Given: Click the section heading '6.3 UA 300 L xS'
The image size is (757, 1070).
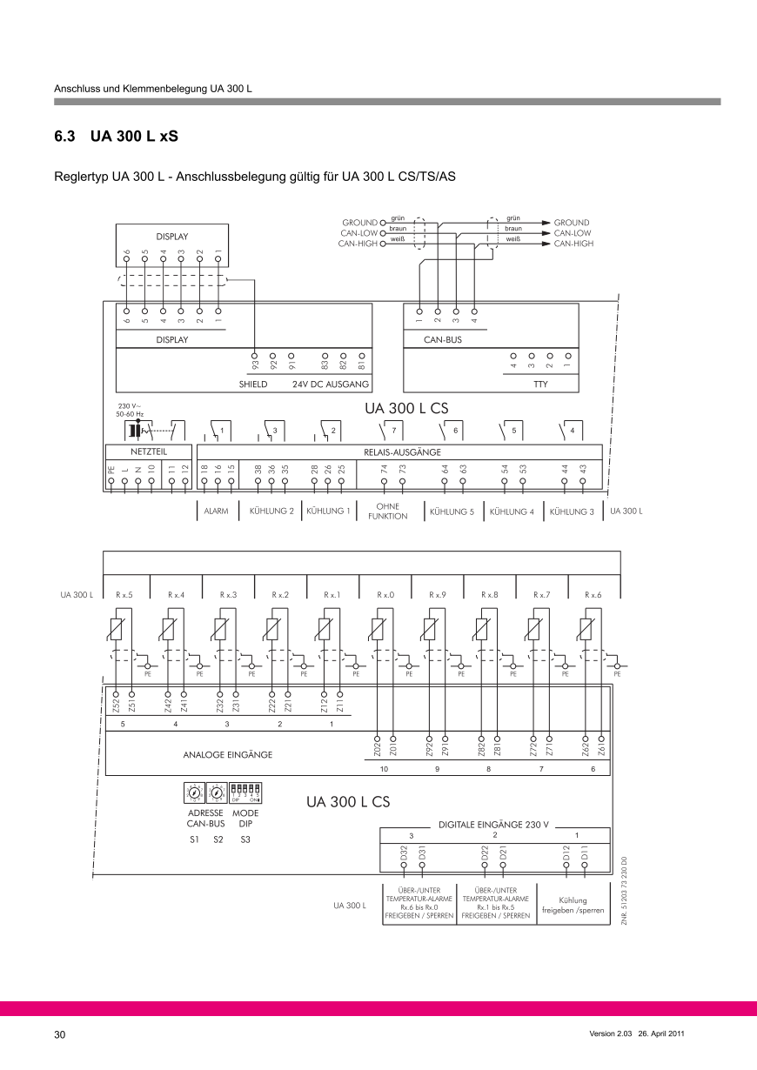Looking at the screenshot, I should [x=117, y=137].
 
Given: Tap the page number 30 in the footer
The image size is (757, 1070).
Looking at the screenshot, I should [x=59, y=1034].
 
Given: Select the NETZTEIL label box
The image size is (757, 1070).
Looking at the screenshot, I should [x=148, y=452].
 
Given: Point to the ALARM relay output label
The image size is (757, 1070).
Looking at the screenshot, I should [x=215, y=512].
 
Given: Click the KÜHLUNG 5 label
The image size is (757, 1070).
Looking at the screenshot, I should [x=452, y=512].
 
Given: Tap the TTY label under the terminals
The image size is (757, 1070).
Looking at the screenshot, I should [x=540, y=383].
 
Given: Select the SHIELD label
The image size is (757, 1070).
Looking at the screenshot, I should [x=253, y=383].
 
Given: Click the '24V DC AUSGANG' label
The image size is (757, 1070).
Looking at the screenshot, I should [x=332, y=383].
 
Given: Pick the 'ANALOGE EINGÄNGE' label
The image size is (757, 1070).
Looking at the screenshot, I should [x=227, y=755].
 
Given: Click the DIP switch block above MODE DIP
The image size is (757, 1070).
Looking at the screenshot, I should [x=246, y=792].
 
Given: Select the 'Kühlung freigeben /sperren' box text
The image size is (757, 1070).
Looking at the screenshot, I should [x=573, y=906].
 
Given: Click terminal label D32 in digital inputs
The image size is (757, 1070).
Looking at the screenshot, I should [x=404, y=853].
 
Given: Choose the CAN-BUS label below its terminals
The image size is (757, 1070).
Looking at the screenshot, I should [x=443, y=340].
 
